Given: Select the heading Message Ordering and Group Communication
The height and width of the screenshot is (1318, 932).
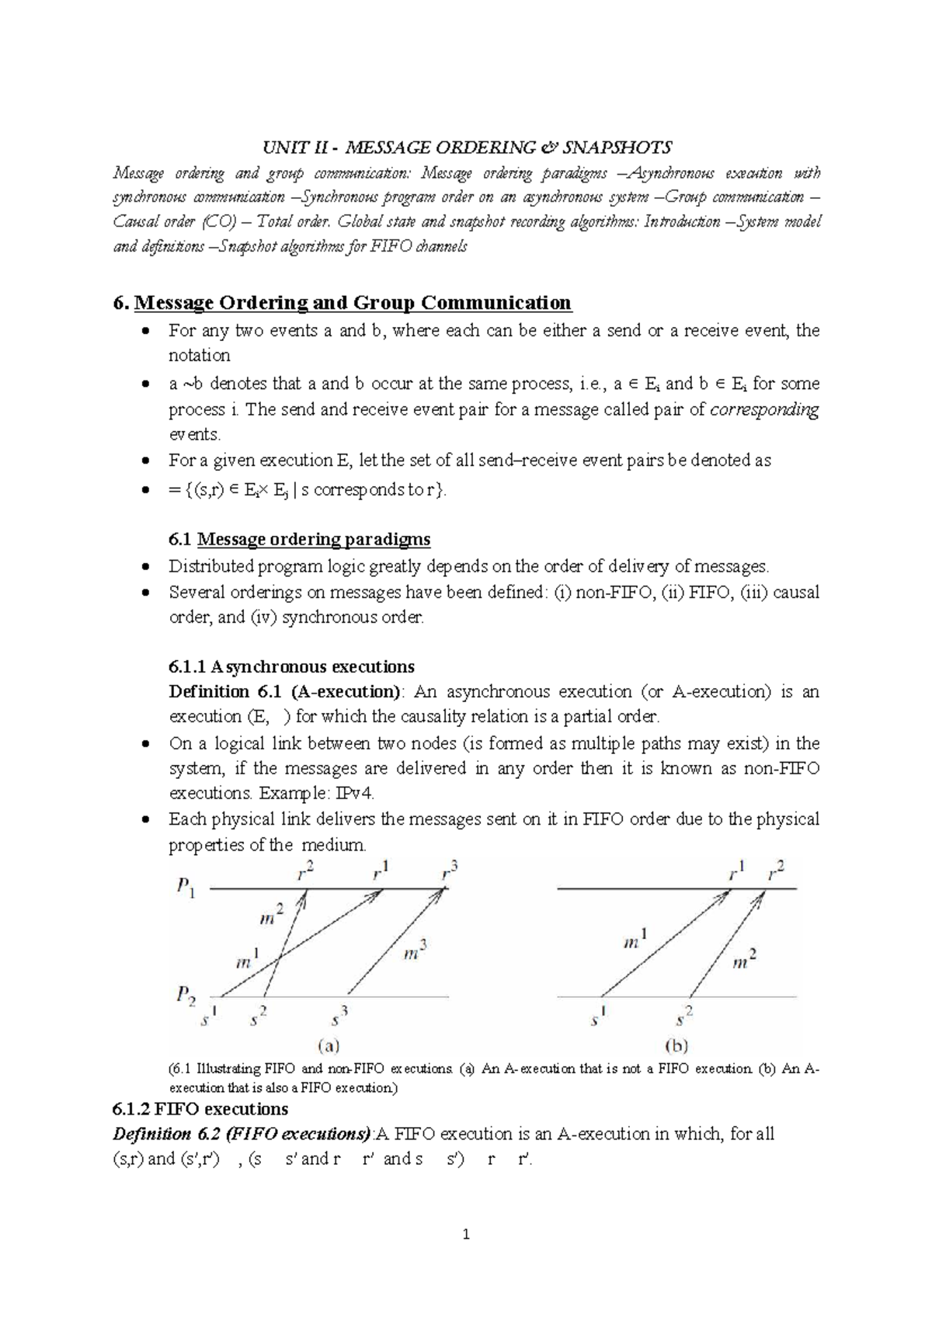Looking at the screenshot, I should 353,302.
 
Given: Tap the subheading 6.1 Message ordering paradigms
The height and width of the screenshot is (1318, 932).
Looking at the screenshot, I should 299,539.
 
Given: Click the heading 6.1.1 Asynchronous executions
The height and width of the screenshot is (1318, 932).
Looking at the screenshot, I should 291,666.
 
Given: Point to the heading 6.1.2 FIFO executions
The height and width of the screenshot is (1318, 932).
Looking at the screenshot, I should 200,1108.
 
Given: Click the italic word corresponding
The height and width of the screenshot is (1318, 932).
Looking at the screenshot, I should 764,409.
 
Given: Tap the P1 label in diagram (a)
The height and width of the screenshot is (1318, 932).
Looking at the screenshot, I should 186,887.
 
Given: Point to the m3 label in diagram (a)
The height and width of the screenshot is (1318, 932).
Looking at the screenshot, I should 416,951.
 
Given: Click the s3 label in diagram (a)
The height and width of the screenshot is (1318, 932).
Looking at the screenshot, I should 339,1017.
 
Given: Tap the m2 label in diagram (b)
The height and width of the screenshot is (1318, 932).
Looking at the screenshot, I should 745,960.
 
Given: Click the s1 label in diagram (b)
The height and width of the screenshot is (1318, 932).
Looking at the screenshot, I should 597,1017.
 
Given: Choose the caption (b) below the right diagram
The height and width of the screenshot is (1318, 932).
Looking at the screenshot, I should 675,1045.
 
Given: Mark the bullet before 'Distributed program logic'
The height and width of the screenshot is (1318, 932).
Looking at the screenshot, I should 145,567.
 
